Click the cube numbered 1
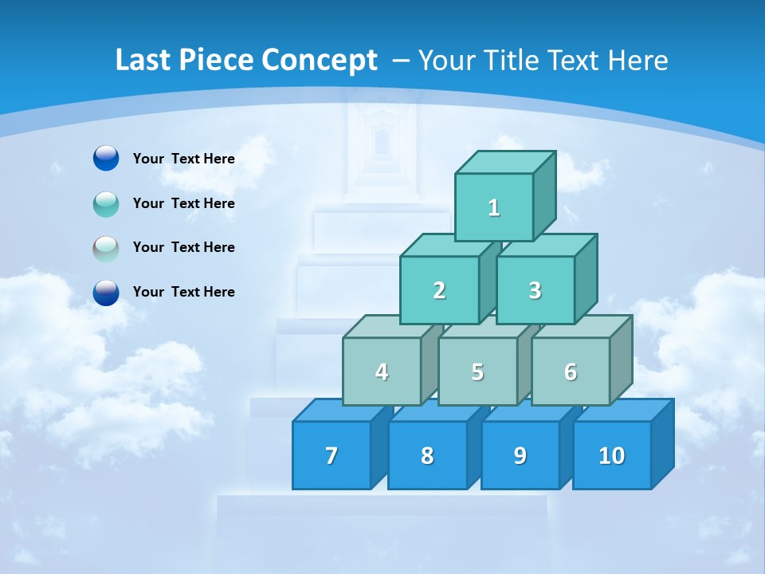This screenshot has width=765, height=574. (x=494, y=207)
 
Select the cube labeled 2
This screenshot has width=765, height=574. (x=439, y=290)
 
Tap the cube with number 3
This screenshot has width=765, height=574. (x=535, y=290)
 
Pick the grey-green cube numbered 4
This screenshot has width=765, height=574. (x=382, y=372)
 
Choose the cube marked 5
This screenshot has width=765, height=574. (x=477, y=372)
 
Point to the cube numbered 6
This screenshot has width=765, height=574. (x=571, y=372)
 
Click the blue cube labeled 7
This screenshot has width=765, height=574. (x=331, y=455)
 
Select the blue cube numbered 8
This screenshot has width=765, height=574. (x=427, y=455)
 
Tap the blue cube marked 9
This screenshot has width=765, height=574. (x=520, y=455)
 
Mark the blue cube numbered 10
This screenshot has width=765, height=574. (x=611, y=455)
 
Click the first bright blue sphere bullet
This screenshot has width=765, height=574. (x=106, y=159)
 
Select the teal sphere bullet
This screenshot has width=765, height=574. (x=106, y=204)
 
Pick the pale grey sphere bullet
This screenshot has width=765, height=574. (x=106, y=249)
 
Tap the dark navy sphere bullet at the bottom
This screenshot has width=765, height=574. (x=106, y=293)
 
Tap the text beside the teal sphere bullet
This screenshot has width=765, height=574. (x=183, y=203)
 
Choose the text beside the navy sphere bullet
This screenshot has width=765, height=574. (x=183, y=292)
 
